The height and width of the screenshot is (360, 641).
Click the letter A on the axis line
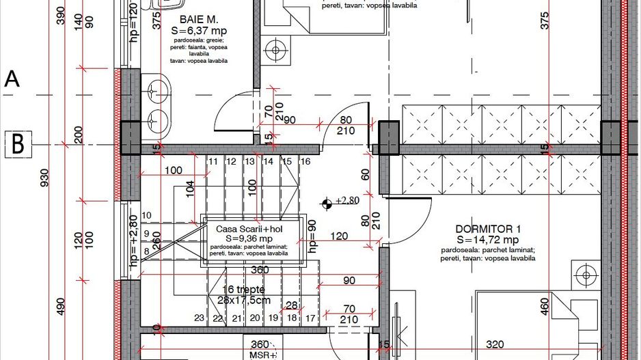12,79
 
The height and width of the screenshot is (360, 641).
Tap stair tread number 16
305,162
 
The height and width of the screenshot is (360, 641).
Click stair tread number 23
199,318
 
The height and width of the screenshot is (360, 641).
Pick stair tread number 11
213,162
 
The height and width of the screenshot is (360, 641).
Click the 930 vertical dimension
46,178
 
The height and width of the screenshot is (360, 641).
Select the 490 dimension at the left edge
60,306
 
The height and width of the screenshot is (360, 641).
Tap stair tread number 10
146,216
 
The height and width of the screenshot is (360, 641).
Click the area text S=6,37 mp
200,31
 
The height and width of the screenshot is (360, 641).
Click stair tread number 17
310,318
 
